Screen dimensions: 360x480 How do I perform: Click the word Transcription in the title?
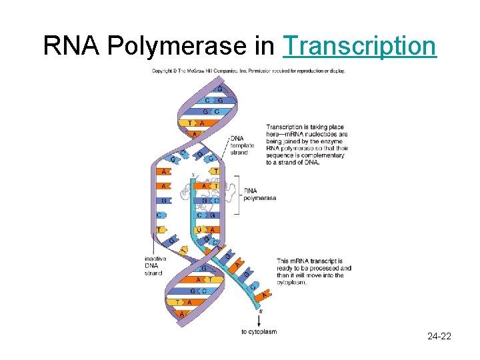click(360, 45)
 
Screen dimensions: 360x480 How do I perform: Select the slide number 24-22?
click(439, 336)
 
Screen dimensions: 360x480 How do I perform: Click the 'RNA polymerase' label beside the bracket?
click(259, 194)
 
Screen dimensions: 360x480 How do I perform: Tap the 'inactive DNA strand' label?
click(155, 266)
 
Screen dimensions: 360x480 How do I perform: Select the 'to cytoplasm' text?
click(259, 331)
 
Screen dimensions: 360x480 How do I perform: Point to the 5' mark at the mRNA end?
click(260, 311)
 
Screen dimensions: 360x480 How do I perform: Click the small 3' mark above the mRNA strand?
click(193, 175)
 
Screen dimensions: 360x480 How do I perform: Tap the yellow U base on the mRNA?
click(199, 230)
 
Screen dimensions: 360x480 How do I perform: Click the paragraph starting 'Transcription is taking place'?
click(307, 144)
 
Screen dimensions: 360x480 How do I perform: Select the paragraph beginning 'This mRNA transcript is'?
click(313, 271)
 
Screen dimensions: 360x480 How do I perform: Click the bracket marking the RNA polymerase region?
click(237, 195)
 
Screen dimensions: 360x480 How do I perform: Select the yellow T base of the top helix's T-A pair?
click(190, 123)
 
